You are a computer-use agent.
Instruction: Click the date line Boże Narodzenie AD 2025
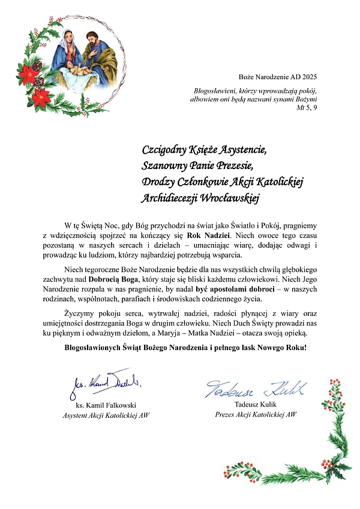click(x=277, y=77)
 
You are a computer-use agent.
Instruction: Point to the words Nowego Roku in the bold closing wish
click(x=284, y=347)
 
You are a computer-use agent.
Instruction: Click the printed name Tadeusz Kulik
click(x=256, y=405)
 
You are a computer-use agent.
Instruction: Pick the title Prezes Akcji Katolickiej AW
click(x=256, y=414)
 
